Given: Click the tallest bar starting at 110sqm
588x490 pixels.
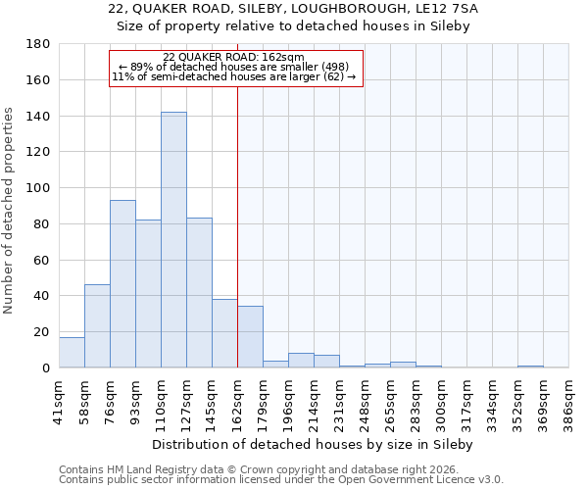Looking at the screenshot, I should pyautogui.click(x=173, y=240).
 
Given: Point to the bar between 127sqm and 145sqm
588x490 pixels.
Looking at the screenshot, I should pyautogui.click(x=199, y=293).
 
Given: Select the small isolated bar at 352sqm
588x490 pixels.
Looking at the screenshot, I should pyautogui.click(x=530, y=367).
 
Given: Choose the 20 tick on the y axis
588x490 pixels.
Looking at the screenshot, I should pyautogui.click(x=42, y=332).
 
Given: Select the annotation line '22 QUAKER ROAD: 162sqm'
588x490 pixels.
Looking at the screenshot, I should pyautogui.click(x=233, y=57).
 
